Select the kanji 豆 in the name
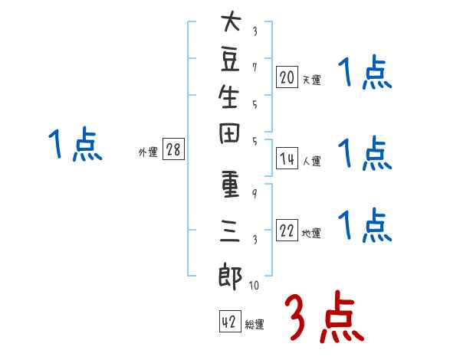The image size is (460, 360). pos(230,63)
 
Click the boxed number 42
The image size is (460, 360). pos(229,322)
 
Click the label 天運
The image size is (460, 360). pos(311,78)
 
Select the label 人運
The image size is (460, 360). pos(311,161)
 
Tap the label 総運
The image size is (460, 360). pos(255,325)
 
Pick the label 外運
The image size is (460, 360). pos(148,152)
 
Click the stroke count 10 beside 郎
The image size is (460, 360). pos(253,286)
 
